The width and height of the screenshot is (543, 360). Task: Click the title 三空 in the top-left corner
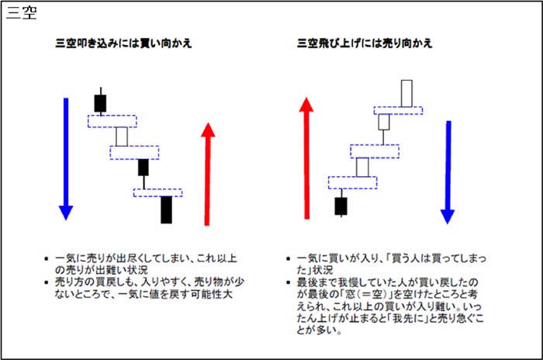pos(21,15)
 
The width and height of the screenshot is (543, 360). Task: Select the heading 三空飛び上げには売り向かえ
pos(365,43)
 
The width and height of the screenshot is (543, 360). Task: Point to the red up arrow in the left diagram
pos(207,174)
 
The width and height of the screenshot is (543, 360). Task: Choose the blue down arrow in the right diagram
pos(447,171)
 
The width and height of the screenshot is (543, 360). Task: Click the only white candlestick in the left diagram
pos(121,137)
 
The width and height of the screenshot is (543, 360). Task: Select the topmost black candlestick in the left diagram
pos(100,102)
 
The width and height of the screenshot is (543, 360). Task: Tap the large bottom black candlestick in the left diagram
pos(166,209)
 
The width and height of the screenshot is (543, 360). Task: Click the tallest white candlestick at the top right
pos(406,92)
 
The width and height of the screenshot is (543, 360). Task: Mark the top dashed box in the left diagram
pos(112,121)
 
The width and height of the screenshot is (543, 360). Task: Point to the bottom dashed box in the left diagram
pos(158,191)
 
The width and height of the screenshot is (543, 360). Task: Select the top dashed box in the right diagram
pos(398,109)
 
